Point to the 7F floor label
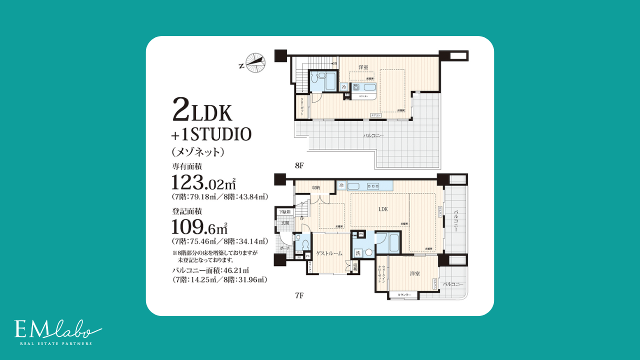click(x=299, y=295)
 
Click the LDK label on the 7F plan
click(x=383, y=209)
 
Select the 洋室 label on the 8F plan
click(x=363, y=67)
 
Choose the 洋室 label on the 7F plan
click(x=414, y=274)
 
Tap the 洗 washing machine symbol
click(x=358, y=252)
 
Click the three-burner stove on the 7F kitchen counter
click(x=374, y=186)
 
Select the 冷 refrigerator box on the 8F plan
click(x=343, y=87)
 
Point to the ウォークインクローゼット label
click(x=381, y=274)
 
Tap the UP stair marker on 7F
click(x=301, y=218)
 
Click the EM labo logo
click(x=57, y=331)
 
